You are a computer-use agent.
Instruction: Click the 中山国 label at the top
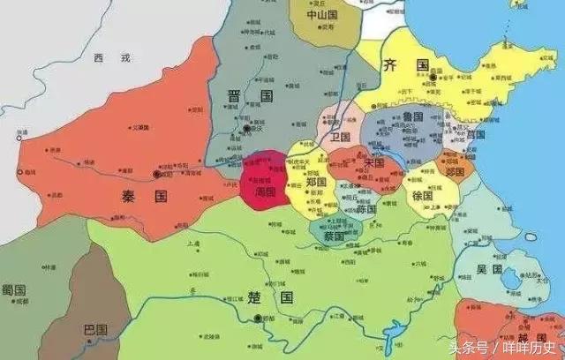pos(320,15)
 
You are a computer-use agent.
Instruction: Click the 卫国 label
pos(340,138)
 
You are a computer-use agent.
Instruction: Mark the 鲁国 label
pos(411,117)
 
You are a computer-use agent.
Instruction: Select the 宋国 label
pos(374,163)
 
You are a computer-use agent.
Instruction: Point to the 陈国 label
pos(365,210)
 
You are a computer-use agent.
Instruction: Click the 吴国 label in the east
pos(491,268)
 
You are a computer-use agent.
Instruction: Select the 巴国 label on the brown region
pos(94,330)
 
